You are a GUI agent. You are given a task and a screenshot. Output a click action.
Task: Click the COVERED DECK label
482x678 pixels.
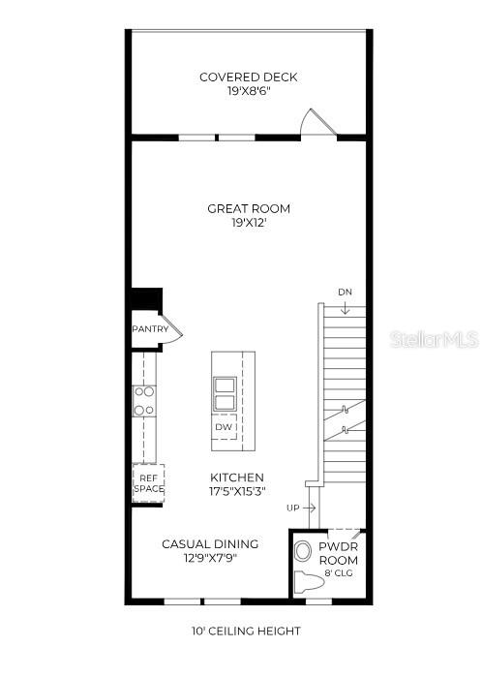click(x=248, y=77)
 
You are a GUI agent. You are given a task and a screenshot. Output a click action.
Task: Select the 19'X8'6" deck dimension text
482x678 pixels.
click(x=248, y=91)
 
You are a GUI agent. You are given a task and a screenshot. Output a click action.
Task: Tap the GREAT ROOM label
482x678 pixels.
click(x=248, y=208)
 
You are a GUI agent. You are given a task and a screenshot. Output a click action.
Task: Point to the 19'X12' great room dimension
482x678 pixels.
click(x=248, y=223)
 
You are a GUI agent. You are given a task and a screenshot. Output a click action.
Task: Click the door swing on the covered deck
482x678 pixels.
click(x=316, y=122)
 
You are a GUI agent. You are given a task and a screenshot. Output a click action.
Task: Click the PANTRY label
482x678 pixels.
click(x=150, y=329)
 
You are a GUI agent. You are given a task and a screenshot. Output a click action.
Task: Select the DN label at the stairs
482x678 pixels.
click(x=346, y=292)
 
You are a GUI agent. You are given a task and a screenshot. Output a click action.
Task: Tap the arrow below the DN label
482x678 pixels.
click(x=346, y=307)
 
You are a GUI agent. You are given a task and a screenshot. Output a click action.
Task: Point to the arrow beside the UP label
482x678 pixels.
click(x=311, y=508)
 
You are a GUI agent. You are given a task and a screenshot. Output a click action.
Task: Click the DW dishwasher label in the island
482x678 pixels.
click(x=224, y=426)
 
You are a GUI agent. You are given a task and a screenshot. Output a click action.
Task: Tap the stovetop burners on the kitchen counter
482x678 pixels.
click(x=144, y=401)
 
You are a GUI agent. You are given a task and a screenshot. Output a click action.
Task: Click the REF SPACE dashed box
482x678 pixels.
click(x=148, y=483)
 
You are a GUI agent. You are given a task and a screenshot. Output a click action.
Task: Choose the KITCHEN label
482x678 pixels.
click(x=237, y=478)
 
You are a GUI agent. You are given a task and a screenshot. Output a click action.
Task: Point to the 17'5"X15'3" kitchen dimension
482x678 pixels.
click(x=237, y=492)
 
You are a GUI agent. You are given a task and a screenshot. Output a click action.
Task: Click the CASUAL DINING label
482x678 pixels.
click(x=209, y=544)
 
